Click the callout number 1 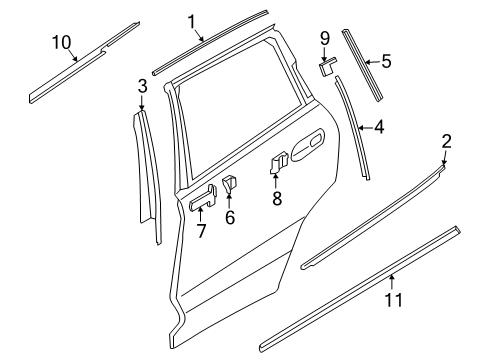tap(193, 20)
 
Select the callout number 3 tap(143, 86)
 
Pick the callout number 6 tap(229, 217)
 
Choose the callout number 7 tap(201, 232)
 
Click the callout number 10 tap(62, 41)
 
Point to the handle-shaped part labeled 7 tap(200, 200)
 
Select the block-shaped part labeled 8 tap(279, 160)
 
